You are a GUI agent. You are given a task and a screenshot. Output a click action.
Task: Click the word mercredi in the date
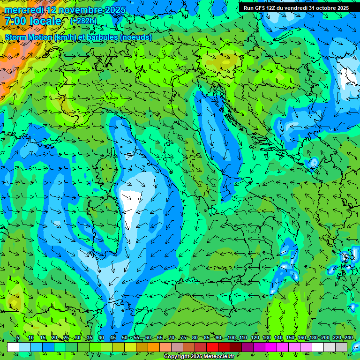pyautogui.click(x=24, y=9)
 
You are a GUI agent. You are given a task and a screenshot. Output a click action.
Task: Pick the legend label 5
pyautogui.click(x=18, y=337)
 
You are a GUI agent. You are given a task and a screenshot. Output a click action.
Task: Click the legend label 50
pyautogui.click(x=124, y=337)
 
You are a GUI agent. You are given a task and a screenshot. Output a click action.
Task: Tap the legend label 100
pyautogui.click(x=231, y=337)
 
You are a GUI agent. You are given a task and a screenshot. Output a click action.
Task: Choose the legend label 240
pyautogui.click(x=348, y=337)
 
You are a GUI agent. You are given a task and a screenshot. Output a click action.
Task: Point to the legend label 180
pyautogui.click(x=313, y=337)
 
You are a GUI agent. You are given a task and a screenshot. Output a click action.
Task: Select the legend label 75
pyautogui.click(x=183, y=337)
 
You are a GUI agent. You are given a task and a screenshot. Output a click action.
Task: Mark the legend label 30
pyautogui.click(x=77, y=337)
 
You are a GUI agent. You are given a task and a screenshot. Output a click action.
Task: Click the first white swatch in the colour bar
pyautogui.click(x=13, y=347)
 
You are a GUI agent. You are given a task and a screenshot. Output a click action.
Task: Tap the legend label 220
pyautogui.click(x=337, y=337)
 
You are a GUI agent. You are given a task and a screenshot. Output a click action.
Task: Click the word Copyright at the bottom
pyautogui.click(x=177, y=357)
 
